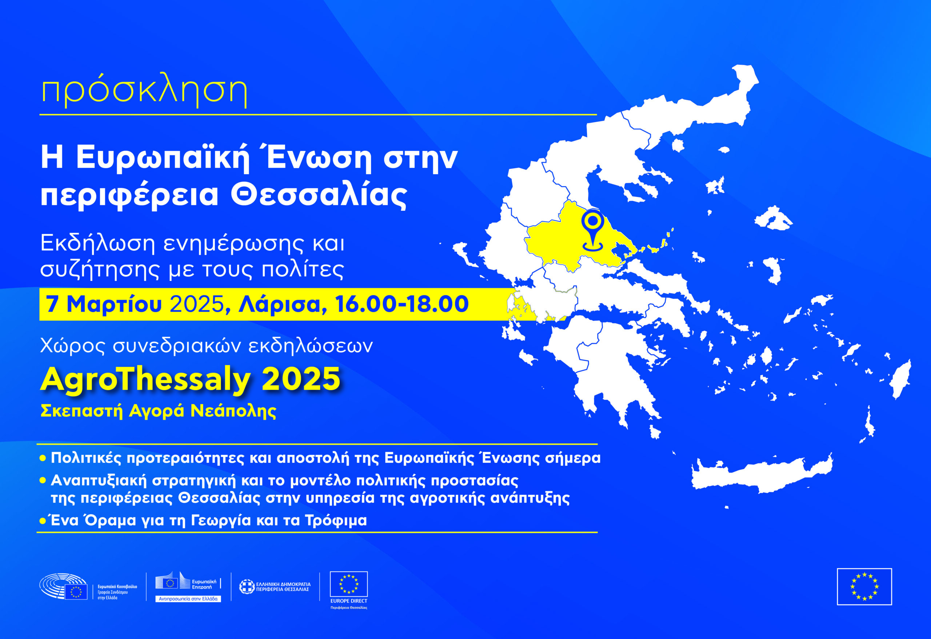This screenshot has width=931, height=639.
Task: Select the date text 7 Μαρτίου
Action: (104, 304)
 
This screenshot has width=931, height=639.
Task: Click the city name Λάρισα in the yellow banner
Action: (280, 304)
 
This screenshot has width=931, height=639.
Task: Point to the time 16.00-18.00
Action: (402, 304)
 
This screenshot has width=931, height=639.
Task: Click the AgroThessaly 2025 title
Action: (190, 379)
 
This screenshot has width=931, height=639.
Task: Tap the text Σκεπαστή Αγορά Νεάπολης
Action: (159, 411)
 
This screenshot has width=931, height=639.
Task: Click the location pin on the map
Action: (593, 232)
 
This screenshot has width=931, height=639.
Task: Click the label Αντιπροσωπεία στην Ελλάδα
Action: (188, 599)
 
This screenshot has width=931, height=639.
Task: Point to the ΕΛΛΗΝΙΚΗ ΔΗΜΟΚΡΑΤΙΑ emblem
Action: (247, 587)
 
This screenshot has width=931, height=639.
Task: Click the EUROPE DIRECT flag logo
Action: (348, 584)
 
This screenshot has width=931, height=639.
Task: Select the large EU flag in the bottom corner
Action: (864, 587)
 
